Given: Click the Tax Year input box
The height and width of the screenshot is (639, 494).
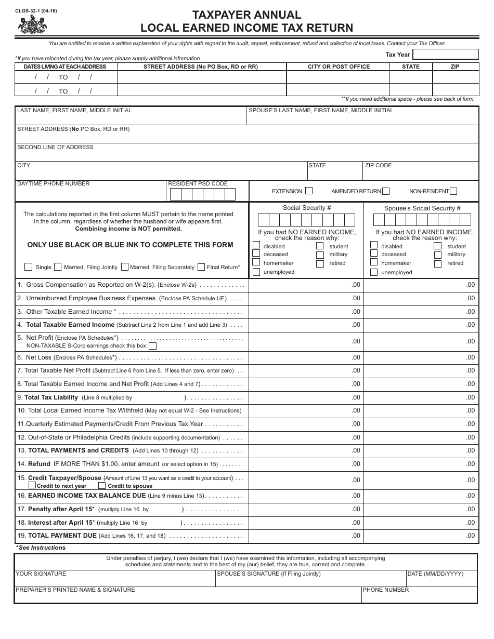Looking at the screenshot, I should click(x=446, y=55).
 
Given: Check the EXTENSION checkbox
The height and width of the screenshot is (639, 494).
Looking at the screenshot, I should click(x=309, y=191).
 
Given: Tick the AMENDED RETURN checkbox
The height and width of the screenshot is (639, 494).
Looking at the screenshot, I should click(x=386, y=191).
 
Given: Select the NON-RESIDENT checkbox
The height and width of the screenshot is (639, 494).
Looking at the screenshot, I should click(x=453, y=191).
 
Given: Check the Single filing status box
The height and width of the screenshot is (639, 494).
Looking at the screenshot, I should click(x=29, y=267).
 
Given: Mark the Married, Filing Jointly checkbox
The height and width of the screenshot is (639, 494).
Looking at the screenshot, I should click(x=58, y=267).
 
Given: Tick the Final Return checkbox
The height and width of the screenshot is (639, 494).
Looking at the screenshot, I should click(x=201, y=267).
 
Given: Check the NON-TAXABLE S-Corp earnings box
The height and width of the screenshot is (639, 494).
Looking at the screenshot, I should click(x=153, y=346).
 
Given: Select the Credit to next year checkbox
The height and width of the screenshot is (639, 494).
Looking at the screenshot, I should click(x=32, y=485).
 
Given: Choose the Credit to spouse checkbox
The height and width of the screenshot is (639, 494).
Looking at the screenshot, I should click(x=102, y=485).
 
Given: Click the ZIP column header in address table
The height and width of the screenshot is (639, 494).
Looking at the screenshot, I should click(x=454, y=66).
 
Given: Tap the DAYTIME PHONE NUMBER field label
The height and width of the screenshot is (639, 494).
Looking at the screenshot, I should click(x=54, y=183).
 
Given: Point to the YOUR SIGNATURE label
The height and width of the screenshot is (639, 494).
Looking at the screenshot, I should click(x=41, y=574).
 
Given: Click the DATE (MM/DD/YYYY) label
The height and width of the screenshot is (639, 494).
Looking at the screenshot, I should click(x=435, y=574).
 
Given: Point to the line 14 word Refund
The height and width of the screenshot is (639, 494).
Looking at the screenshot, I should click(x=39, y=464).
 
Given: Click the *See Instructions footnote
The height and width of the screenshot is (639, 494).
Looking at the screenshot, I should click(x=41, y=548).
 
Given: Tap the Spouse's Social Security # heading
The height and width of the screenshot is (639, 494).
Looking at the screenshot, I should click(x=422, y=208).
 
